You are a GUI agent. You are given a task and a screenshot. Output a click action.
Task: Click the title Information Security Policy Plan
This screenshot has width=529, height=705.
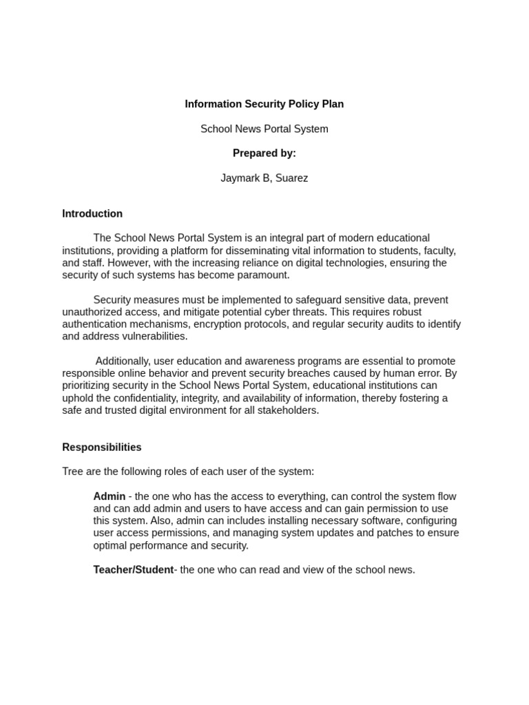click(264, 104)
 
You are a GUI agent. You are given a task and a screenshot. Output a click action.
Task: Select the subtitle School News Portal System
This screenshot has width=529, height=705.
click(264, 129)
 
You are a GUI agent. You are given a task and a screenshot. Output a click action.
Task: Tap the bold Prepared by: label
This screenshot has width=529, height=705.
click(264, 153)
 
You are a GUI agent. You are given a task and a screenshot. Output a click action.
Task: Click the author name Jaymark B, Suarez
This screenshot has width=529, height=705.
click(264, 178)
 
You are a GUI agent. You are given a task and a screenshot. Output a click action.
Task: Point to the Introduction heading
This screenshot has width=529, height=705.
click(92, 213)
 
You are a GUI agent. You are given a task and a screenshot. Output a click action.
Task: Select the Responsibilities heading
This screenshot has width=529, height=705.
click(101, 447)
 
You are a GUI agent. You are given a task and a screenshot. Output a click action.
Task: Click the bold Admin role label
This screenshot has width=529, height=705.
click(109, 496)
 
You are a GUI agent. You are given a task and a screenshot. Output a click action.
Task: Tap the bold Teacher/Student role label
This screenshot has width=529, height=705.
click(133, 570)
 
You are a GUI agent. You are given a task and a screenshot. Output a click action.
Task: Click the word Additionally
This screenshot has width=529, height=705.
click(122, 361)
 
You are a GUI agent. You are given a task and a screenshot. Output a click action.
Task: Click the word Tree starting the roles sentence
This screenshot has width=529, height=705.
click(73, 472)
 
